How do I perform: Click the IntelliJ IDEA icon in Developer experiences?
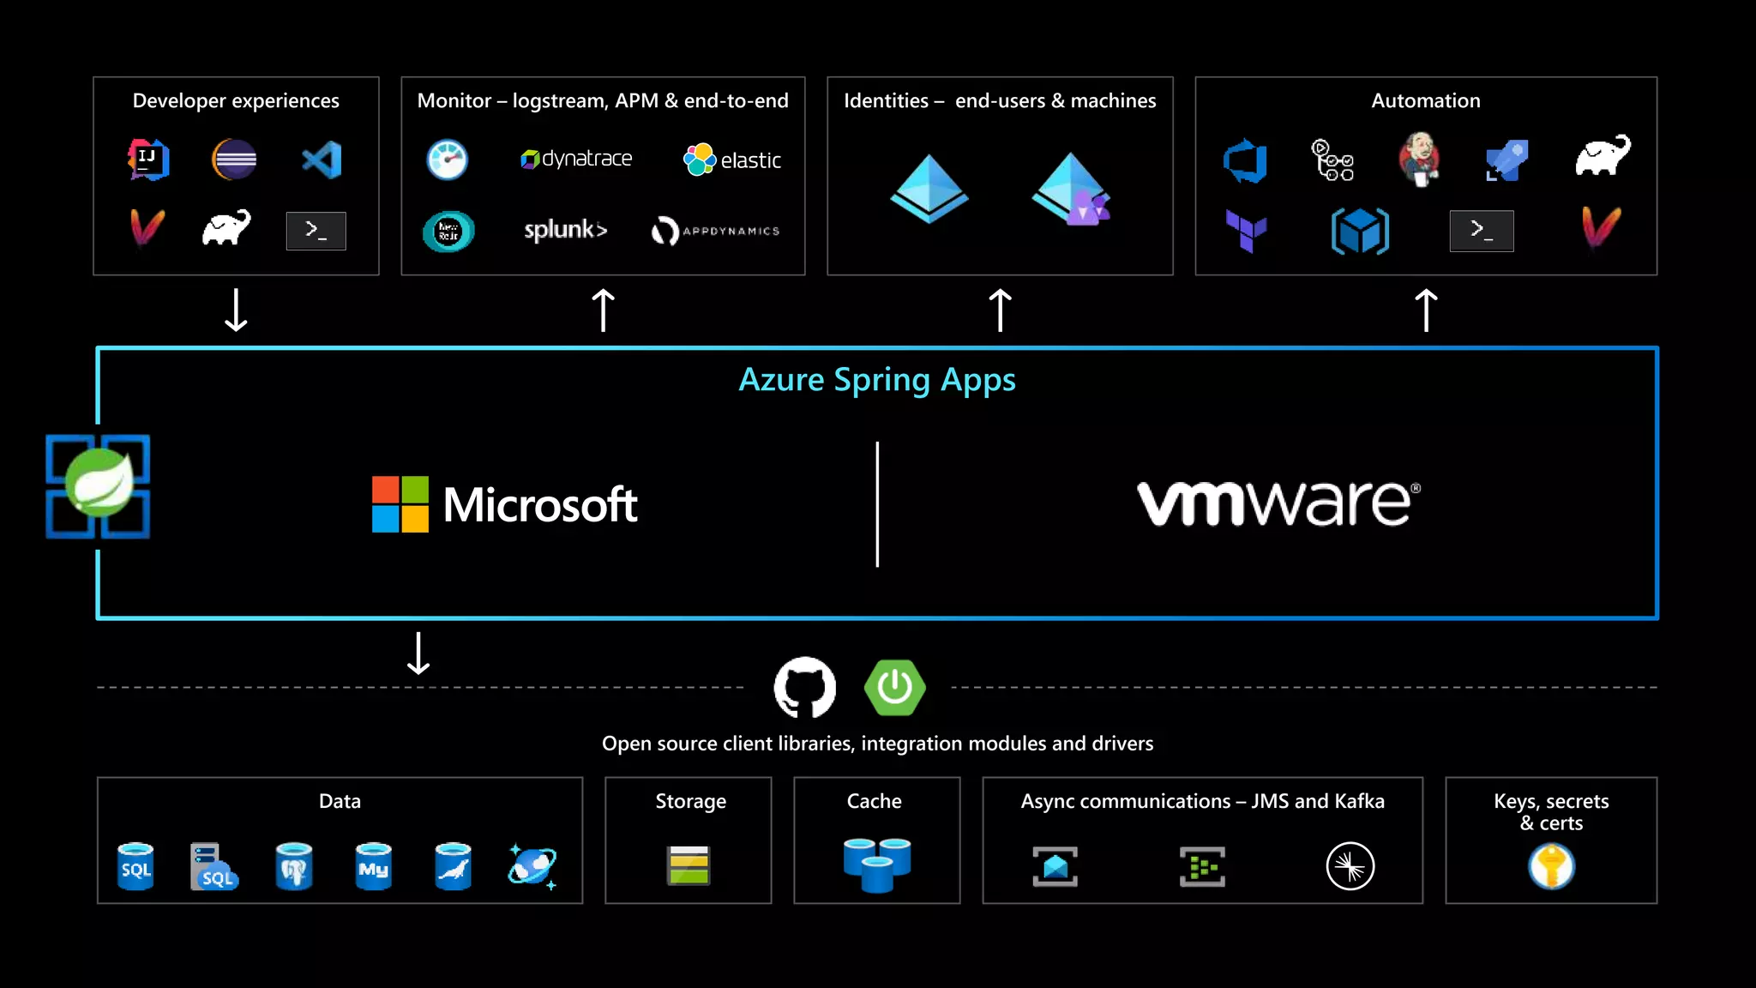(149, 160)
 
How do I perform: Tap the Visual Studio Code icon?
(322, 160)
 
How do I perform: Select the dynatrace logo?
(576, 159)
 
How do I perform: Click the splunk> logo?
(565, 230)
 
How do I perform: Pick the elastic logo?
(732, 160)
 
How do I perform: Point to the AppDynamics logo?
(715, 231)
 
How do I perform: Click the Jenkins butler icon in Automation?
(1419, 159)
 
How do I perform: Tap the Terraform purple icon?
(1246, 230)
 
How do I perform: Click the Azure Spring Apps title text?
(877, 380)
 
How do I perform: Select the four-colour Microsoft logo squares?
(400, 504)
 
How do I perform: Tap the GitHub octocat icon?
(804, 687)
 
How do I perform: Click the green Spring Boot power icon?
(894, 687)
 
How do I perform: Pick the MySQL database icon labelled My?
(373, 866)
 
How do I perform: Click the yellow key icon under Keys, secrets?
(1551, 866)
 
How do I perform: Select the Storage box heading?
(690, 801)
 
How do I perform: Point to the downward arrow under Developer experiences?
(236, 310)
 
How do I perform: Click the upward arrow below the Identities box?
(1000, 310)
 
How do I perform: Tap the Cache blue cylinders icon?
(876, 864)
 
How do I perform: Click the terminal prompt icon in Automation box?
(1481, 230)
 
